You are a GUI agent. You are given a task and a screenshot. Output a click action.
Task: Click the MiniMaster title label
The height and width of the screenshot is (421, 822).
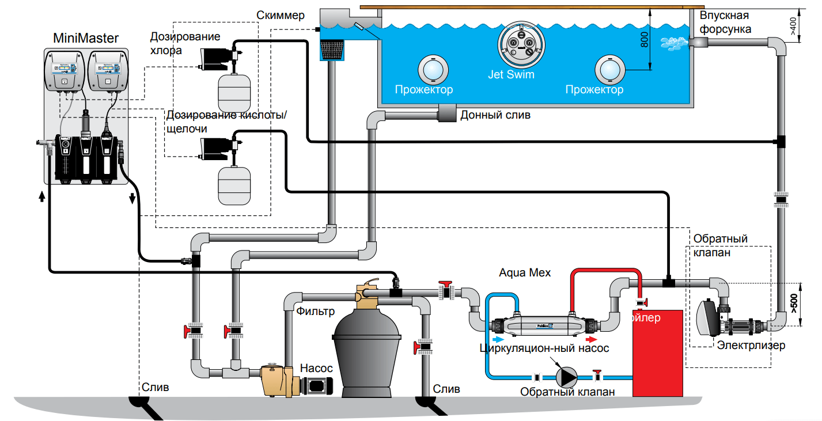coord(86,39)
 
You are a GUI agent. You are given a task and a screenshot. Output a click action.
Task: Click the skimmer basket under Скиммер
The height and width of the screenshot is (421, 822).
coord(333,49)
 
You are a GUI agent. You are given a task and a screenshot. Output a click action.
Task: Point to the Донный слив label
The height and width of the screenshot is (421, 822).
coord(495,115)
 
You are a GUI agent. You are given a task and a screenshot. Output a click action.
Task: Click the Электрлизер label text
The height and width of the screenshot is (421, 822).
coord(751,346)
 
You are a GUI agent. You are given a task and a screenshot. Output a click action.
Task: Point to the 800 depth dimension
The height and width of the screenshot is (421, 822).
coord(645,40)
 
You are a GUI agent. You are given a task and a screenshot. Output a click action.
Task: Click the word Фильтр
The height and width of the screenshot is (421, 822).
coord(316,312)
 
